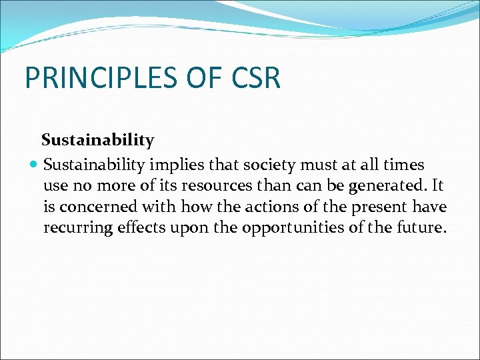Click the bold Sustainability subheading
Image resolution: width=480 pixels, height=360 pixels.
97,140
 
